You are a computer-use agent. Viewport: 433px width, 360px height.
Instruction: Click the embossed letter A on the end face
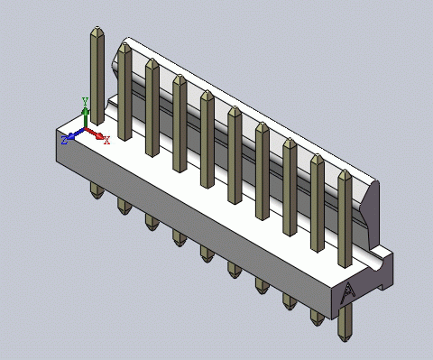pos(348,294)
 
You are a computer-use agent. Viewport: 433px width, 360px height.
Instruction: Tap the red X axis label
pos(106,140)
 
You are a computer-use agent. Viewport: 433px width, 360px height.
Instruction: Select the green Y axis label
pos(85,101)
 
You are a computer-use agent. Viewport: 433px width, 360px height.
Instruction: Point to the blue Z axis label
pos(64,140)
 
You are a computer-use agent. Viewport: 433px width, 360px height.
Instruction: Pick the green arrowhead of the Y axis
pos(86,112)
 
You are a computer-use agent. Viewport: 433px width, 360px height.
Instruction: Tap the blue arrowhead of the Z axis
pos(71,136)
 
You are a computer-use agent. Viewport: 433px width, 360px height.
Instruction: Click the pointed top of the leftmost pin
pos(97,27)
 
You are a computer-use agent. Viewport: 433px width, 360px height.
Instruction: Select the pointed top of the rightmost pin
pos(345,171)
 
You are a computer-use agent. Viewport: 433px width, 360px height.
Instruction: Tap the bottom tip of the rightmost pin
pos(345,341)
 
